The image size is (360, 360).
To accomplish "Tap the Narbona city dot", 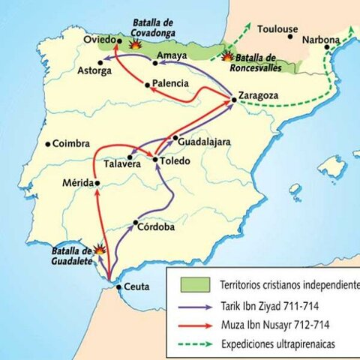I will coord(327,47).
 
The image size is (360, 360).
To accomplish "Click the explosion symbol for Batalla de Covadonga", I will coord(135,44).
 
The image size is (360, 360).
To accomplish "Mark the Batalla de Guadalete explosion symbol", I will coord(99,249).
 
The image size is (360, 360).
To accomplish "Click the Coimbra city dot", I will coord(47,144).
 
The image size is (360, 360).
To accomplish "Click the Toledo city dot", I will coord(154,159).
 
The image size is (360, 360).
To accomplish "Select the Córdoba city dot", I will coord(135,223).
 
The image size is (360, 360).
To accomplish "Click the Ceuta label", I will coord(136,287).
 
